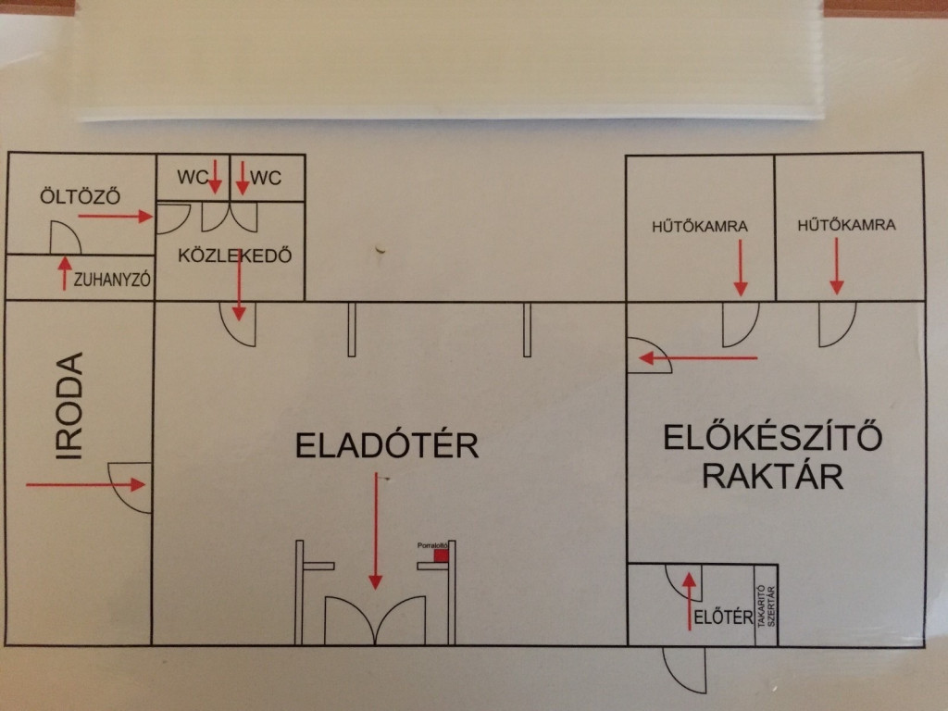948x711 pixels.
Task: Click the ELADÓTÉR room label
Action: click(x=387, y=445)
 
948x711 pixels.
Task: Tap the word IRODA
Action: click(x=70, y=405)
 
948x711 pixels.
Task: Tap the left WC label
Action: click(x=193, y=177)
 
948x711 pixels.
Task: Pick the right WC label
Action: click(x=266, y=177)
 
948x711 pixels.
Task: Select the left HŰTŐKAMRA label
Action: click(x=700, y=225)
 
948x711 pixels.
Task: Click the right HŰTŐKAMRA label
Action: click(x=846, y=224)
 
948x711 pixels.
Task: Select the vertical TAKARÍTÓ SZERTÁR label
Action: click(x=765, y=605)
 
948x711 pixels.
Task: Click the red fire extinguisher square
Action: click(x=441, y=555)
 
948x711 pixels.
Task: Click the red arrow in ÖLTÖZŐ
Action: click(x=115, y=216)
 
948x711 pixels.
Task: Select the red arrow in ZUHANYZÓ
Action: click(x=64, y=274)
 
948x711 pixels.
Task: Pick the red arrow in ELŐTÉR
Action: click(x=689, y=601)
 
